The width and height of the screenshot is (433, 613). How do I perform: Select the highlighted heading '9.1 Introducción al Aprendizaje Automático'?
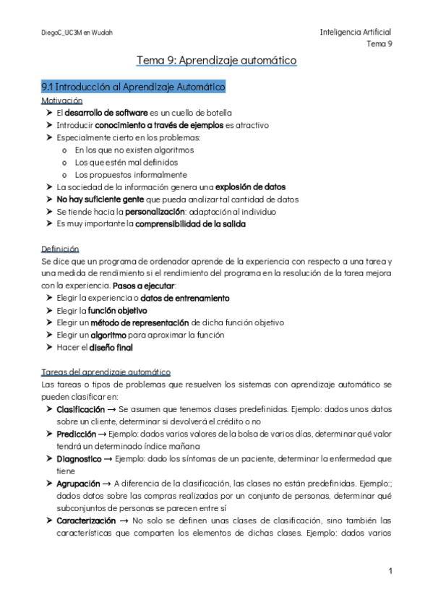134,87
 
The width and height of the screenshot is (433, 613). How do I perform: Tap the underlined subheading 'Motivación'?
61,100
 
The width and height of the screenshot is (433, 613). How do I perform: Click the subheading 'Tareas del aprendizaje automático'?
106,372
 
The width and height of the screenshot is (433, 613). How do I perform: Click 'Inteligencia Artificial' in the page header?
355,32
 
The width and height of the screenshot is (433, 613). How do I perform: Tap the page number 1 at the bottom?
390,571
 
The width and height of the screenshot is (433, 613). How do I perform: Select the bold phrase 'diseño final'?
111,347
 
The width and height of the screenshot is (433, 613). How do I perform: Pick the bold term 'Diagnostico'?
82,458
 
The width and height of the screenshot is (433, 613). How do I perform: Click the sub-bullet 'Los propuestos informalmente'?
131,174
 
